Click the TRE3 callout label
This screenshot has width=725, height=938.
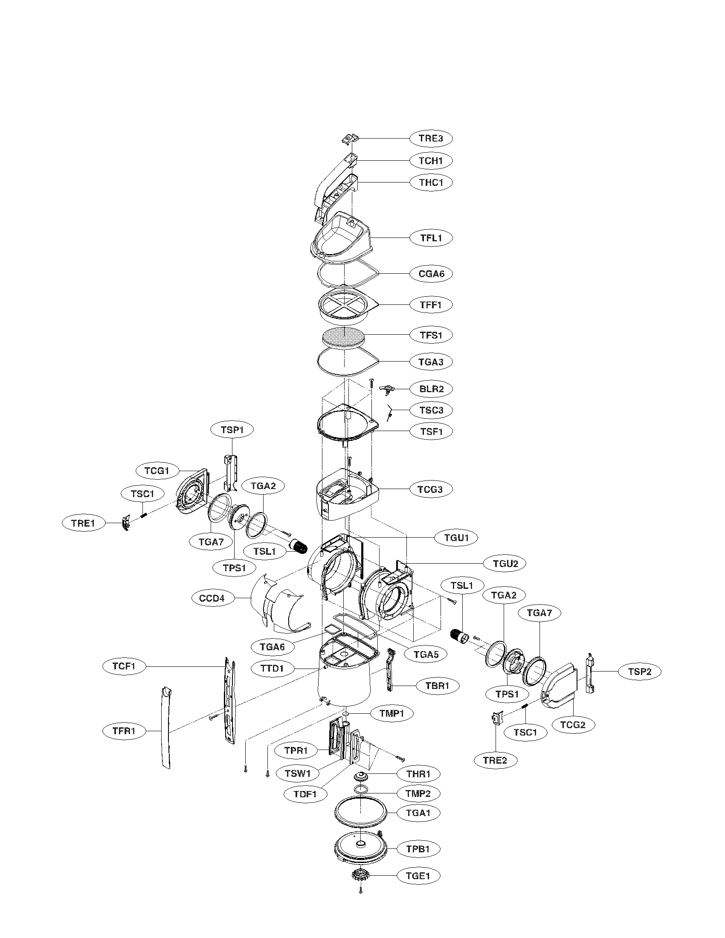(x=431, y=138)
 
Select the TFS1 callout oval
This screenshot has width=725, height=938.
(x=431, y=335)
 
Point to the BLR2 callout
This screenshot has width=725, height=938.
(x=431, y=389)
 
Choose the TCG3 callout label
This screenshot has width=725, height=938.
(x=431, y=489)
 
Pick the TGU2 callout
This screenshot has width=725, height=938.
(x=505, y=563)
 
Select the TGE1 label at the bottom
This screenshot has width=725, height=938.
(x=418, y=875)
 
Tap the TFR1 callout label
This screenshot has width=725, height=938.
(x=125, y=730)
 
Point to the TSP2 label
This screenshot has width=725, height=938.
(x=640, y=672)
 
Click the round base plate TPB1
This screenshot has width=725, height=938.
(x=360, y=848)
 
